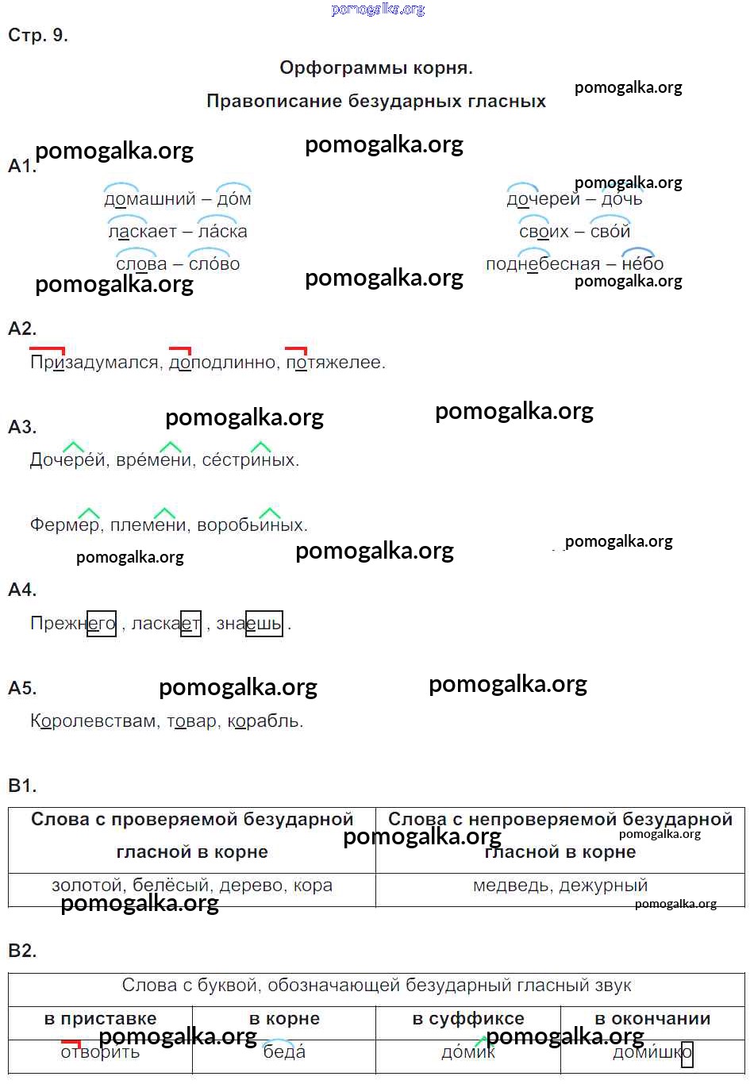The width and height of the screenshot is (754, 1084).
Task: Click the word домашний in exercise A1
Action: (149, 199)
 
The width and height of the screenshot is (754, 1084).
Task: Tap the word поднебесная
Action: (542, 264)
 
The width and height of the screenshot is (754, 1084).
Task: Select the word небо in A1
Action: (642, 264)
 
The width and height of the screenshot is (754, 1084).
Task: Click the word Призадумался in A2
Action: (94, 363)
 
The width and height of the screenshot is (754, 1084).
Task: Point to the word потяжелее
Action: (335, 363)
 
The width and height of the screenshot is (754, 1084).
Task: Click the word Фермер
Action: (65, 525)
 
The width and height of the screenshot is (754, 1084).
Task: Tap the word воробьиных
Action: (252, 525)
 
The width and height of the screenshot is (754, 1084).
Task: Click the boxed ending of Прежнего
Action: (102, 624)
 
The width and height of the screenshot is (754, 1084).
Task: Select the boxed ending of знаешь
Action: (264, 624)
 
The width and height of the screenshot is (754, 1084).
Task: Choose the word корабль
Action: (265, 721)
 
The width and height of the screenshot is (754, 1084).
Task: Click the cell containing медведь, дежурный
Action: (560, 886)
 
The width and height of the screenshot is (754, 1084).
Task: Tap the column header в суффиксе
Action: (468, 1019)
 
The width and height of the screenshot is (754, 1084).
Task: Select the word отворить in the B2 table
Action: (100, 1053)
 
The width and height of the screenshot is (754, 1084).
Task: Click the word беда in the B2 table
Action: (284, 1053)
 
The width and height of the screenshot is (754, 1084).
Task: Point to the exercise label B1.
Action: (22, 786)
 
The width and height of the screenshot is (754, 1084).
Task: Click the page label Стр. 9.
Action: (38, 36)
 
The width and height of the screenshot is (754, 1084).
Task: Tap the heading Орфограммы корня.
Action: (376, 68)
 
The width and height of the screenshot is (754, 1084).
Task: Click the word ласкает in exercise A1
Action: (142, 232)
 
